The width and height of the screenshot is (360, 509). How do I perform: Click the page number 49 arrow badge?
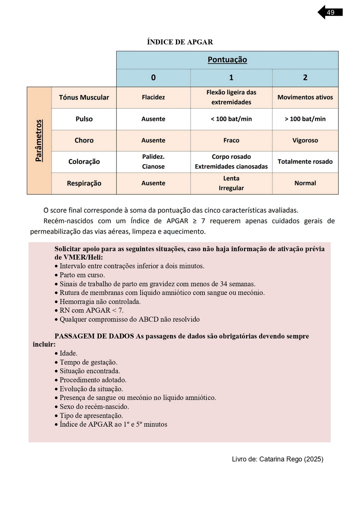click(x=330, y=12)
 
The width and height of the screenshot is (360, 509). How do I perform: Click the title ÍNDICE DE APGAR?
click(x=180, y=42)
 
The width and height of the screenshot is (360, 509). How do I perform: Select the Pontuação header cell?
click(x=227, y=60)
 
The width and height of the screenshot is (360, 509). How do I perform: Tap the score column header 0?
click(x=153, y=78)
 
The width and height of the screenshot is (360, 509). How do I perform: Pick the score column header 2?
click(x=305, y=78)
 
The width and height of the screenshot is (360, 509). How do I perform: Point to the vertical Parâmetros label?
click(x=39, y=140)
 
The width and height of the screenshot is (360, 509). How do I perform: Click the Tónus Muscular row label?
click(x=84, y=97)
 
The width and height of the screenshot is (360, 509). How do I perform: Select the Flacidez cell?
click(x=153, y=97)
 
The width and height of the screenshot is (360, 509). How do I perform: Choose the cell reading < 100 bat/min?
click(x=231, y=119)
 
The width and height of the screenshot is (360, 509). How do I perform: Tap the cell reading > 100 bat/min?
click(x=305, y=119)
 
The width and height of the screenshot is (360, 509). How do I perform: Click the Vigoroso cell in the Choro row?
click(x=305, y=140)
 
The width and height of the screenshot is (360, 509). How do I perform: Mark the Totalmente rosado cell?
click(x=305, y=162)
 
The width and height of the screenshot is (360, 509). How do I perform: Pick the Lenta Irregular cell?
click(x=231, y=183)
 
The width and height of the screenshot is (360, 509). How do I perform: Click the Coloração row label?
click(x=84, y=162)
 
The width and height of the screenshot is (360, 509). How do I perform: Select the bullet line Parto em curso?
click(x=82, y=275)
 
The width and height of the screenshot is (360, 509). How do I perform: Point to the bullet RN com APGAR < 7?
click(x=91, y=310)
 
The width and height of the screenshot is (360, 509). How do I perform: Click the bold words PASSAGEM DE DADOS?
click(x=94, y=336)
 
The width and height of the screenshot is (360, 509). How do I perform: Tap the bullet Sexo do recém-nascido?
click(x=94, y=407)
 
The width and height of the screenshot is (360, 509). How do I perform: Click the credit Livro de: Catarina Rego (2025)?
click(x=278, y=459)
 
